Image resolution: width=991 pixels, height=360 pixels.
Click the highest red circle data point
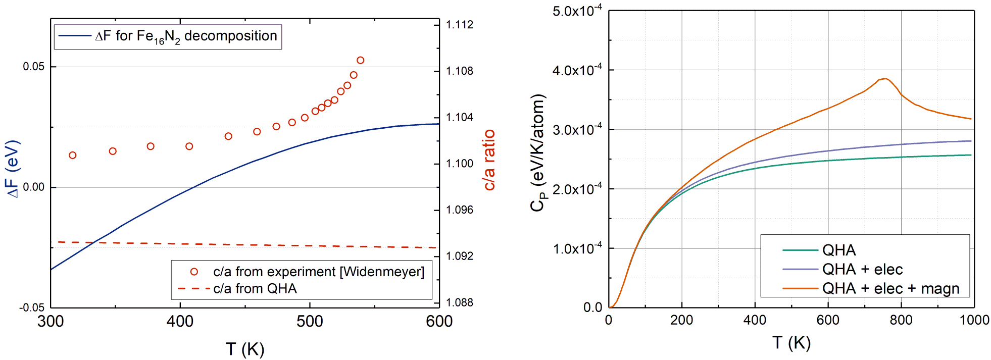point(360,60)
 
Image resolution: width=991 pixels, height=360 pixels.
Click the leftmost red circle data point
point(73,155)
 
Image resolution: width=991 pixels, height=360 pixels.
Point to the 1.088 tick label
point(460,302)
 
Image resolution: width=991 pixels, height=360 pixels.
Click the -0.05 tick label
point(32,307)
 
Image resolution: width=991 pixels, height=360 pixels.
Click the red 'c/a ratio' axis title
point(489,160)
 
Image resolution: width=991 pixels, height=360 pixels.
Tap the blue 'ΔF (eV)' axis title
point(13,169)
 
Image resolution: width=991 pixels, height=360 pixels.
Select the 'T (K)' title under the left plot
point(245,349)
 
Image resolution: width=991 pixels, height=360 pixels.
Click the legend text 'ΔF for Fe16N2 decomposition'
point(186,36)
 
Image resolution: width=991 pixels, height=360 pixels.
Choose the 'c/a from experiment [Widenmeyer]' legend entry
point(318,272)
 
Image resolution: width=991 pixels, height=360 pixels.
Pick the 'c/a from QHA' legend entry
point(255,289)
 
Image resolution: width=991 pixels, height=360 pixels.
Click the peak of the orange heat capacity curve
point(885,78)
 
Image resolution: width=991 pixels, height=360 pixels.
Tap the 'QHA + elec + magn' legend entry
point(890,288)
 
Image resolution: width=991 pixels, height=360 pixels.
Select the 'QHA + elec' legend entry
point(862,269)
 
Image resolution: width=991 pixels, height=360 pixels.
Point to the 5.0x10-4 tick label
point(577,11)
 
